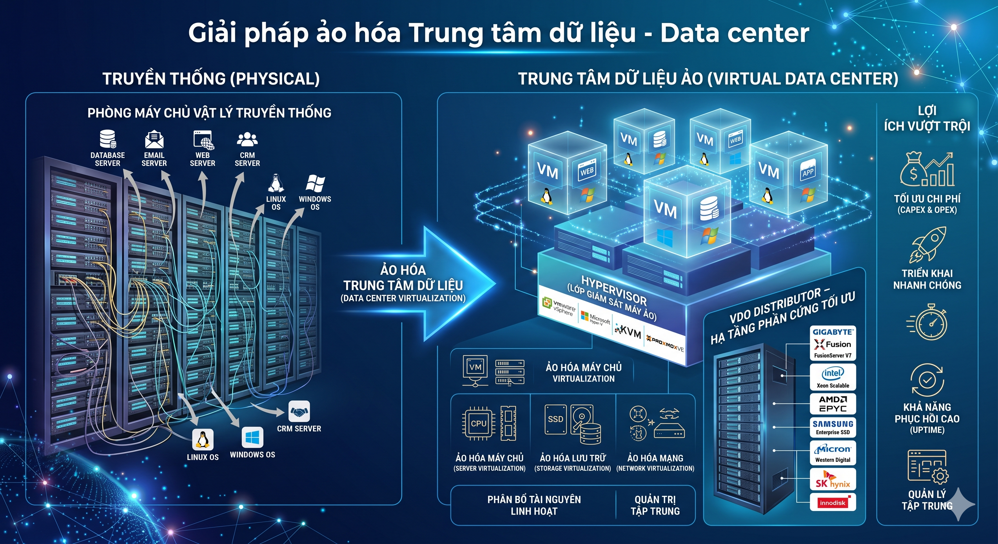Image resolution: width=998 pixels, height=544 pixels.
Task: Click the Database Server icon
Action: click(x=108, y=139)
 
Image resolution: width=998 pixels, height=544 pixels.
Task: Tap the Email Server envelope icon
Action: click(x=154, y=140)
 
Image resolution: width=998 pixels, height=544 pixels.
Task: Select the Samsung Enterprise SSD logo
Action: click(x=833, y=427)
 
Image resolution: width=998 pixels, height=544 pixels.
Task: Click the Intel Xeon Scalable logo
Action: click(x=833, y=377)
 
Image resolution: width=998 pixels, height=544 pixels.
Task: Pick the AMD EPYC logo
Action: click(x=833, y=404)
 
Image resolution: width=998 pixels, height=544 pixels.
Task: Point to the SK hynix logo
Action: click(x=833, y=479)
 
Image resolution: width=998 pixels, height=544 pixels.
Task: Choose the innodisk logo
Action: click(x=833, y=502)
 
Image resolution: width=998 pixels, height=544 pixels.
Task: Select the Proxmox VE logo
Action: click(x=665, y=344)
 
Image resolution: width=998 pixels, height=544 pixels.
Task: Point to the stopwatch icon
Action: click(x=927, y=323)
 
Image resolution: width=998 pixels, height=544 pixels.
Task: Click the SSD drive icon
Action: click(x=555, y=419)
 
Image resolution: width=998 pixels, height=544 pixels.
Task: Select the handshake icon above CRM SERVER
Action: click(x=299, y=411)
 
